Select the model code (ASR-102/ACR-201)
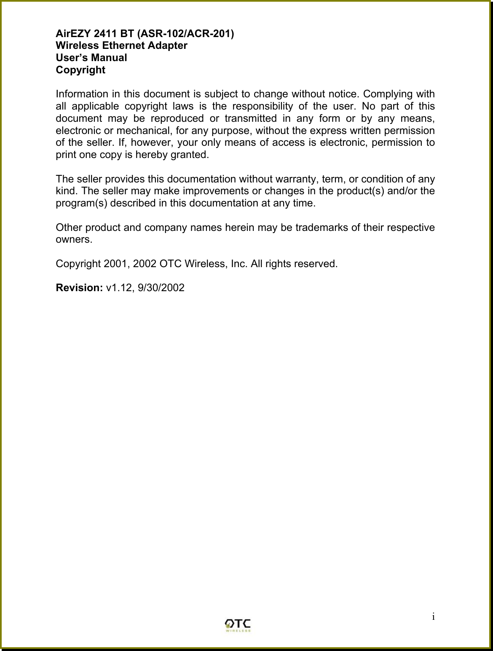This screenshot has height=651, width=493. (x=186, y=33)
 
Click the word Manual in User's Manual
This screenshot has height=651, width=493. (x=110, y=58)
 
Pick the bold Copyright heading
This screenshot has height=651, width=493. (x=80, y=70)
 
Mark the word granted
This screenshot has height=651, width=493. (x=191, y=154)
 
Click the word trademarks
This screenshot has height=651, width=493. (x=322, y=228)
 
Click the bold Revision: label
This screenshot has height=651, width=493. (x=80, y=288)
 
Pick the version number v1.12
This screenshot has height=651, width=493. (x=119, y=288)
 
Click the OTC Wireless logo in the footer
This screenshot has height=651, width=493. (x=238, y=625)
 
